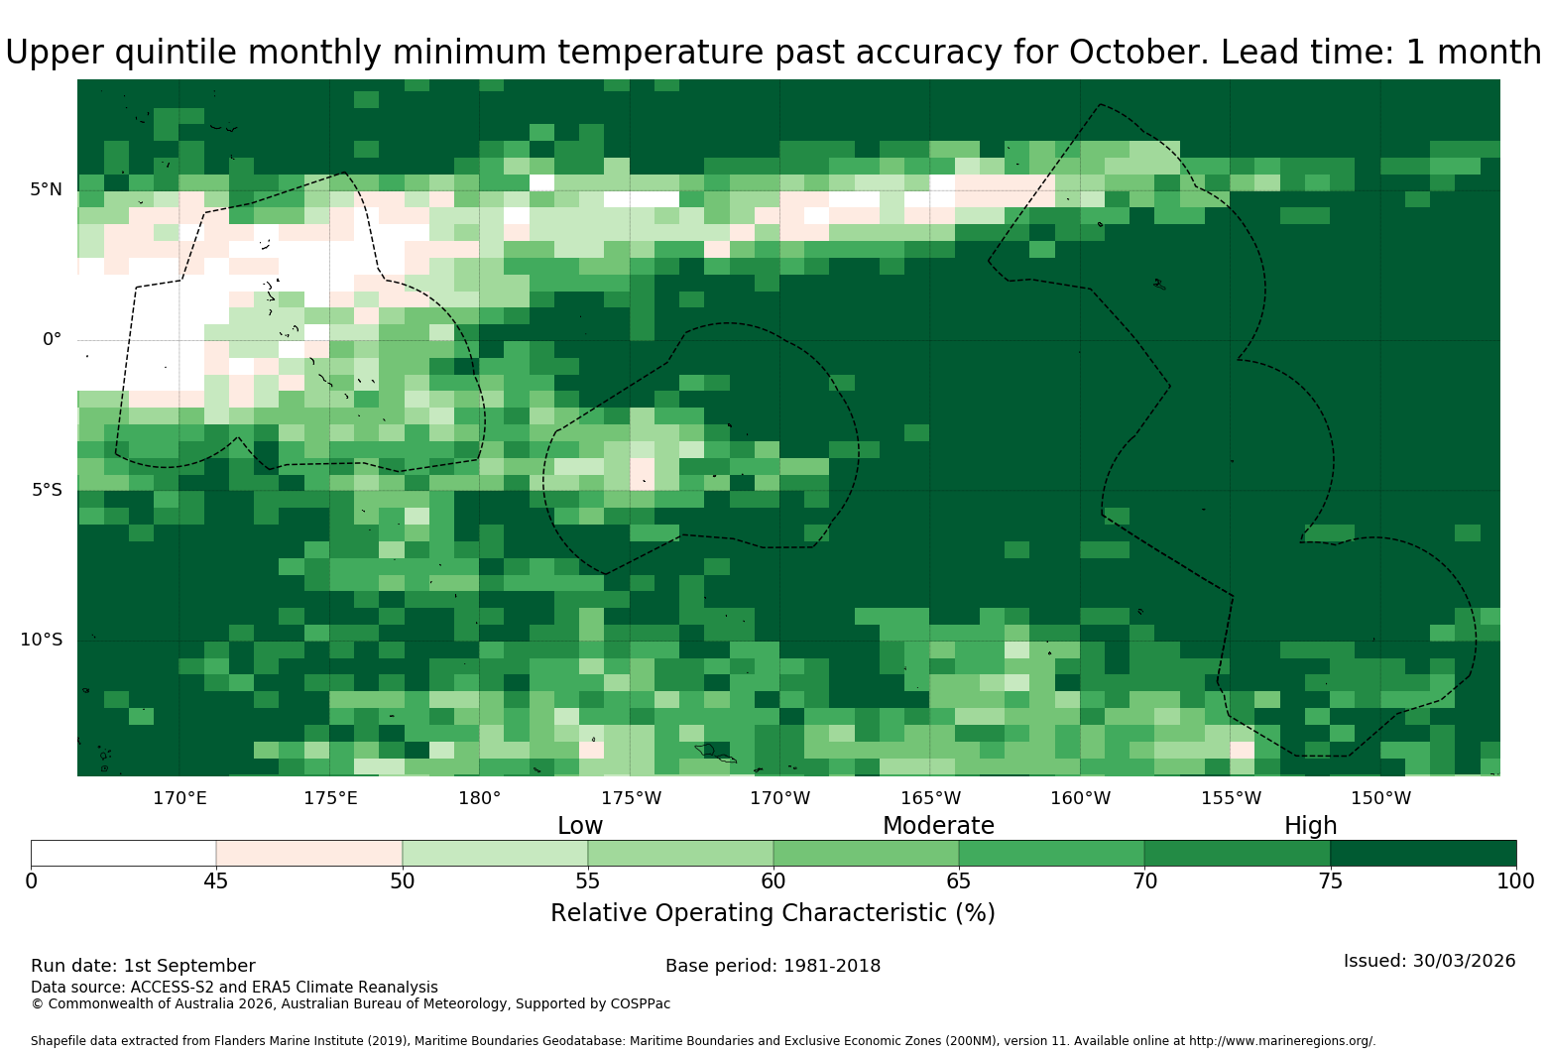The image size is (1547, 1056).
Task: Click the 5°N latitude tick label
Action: pyautogui.click(x=46, y=189)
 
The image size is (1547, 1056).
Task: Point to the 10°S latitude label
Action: pyautogui.click(x=41, y=640)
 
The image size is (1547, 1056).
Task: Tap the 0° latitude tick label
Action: pyautogui.click(x=52, y=339)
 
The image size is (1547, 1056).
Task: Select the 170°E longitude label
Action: pyautogui.click(x=179, y=798)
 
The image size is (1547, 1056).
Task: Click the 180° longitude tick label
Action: pyautogui.click(x=480, y=798)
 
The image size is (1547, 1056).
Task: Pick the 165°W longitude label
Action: pyautogui.click(x=931, y=798)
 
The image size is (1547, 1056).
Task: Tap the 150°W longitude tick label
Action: pyautogui.click(x=1381, y=798)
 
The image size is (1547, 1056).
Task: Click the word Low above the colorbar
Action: pyautogui.click(x=580, y=825)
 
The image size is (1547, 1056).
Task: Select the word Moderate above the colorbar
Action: pyautogui.click(x=938, y=825)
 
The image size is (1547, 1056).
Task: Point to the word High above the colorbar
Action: pyautogui.click(x=1311, y=826)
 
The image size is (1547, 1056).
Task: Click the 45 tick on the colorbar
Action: pyautogui.click(x=216, y=881)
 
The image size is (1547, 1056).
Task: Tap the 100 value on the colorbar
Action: pyautogui.click(x=1516, y=881)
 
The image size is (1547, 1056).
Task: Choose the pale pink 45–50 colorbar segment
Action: pyautogui.click(x=309, y=853)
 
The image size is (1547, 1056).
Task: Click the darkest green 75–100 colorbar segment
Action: pyautogui.click(x=1423, y=853)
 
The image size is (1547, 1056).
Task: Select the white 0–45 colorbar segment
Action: pyautogui.click(x=124, y=853)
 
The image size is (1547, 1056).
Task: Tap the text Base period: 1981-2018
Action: pyautogui.click(x=773, y=966)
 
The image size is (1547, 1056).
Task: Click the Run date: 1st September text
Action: pyautogui.click(x=143, y=966)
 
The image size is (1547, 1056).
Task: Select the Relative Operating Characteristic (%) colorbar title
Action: pyautogui.click(x=773, y=913)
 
